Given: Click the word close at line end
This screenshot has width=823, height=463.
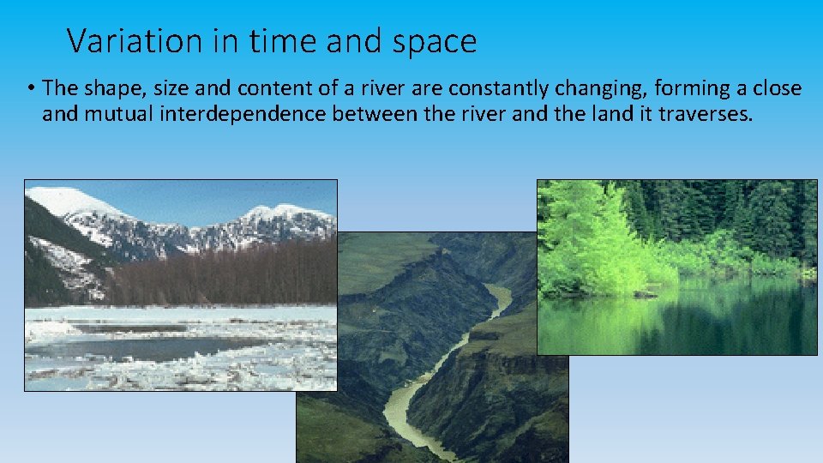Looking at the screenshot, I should [x=778, y=88].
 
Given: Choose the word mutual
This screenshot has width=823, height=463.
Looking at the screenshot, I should [x=119, y=114].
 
